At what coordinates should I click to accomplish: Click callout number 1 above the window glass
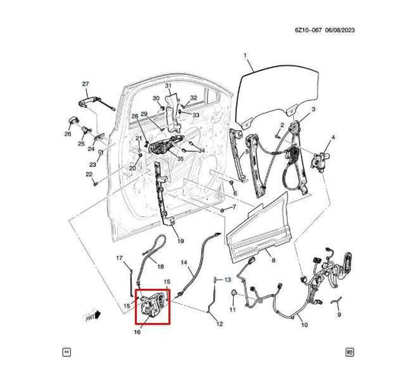tap(245, 56)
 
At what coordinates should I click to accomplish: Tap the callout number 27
tap(85, 83)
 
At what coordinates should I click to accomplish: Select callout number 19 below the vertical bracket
tap(181, 241)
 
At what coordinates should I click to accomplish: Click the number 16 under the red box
tap(138, 333)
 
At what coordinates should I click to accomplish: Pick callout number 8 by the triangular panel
tap(273, 261)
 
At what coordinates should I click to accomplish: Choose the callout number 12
tap(219, 325)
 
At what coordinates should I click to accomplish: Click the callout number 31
tap(168, 85)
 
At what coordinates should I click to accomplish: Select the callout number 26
tap(68, 135)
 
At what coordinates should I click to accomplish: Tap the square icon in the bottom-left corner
tap(67, 353)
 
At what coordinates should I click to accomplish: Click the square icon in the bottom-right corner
tap(349, 353)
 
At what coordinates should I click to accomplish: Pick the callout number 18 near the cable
tap(160, 266)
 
